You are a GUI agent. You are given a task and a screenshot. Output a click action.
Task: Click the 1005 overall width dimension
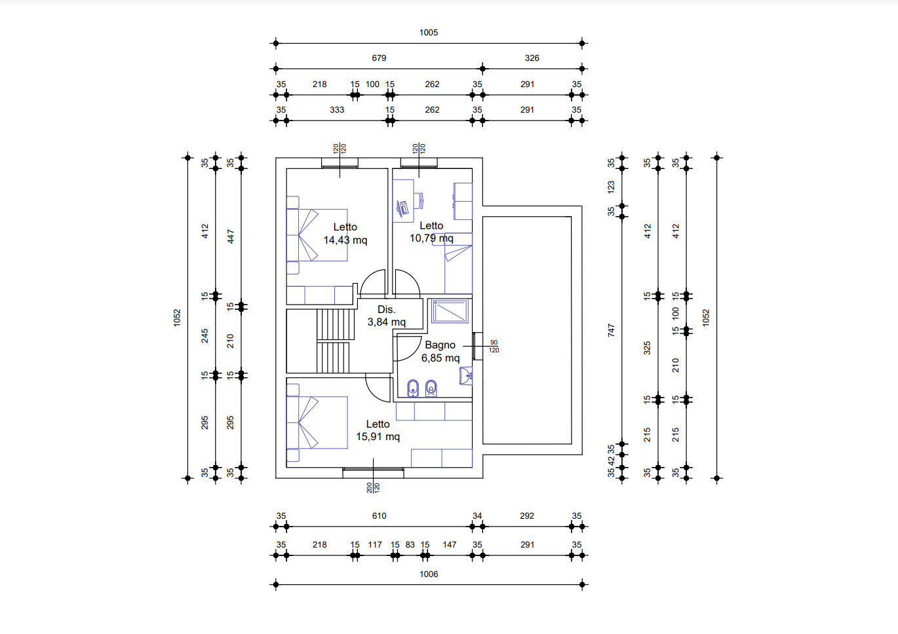[429, 33]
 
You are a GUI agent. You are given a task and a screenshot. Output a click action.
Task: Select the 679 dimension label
[379, 58]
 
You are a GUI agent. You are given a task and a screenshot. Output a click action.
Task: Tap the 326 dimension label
[532, 58]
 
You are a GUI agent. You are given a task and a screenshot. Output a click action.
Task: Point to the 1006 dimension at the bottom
[429, 574]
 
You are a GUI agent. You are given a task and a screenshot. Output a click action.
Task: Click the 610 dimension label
[379, 516]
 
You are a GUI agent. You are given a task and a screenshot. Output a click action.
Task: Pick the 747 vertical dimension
[611, 330]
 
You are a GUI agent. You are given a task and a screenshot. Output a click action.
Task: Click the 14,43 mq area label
[345, 240]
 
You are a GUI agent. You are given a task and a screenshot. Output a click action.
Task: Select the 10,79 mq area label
[431, 238]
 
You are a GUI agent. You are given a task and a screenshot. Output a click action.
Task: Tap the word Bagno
[440, 345]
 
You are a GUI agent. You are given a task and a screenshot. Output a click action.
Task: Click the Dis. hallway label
[387, 310]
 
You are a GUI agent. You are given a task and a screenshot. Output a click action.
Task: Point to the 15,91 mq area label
[378, 437]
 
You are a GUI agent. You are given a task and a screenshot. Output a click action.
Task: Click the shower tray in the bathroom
[450, 311]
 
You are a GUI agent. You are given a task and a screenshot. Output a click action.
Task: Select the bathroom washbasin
[466, 376]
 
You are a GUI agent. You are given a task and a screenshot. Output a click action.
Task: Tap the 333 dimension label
[337, 110]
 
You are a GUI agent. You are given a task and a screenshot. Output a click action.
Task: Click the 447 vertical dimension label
[231, 236]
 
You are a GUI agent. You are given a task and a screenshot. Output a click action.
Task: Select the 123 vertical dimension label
[611, 187]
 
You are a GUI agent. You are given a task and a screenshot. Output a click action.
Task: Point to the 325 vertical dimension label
[647, 348]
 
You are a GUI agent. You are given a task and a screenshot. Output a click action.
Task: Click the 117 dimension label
[375, 545]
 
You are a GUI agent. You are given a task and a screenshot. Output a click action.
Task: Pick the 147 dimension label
[450, 545]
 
